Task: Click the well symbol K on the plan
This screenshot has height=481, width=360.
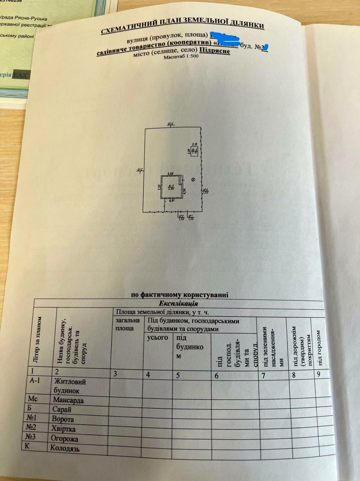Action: [193, 180]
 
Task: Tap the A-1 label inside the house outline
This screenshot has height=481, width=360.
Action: [171, 186]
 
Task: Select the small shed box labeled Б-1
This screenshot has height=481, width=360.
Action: [195, 151]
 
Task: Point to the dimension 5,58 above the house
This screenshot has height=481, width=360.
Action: [170, 173]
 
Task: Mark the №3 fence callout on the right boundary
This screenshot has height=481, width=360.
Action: [206, 191]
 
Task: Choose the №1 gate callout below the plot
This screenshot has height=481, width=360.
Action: [191, 218]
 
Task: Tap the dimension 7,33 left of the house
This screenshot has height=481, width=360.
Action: [159, 187]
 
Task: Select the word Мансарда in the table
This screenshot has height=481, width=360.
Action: [68, 400]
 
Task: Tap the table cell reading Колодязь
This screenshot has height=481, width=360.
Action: [66, 448]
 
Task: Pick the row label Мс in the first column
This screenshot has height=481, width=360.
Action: [33, 399]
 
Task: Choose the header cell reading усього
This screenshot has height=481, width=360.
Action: [158, 338]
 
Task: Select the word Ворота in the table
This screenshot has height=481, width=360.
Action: [63, 419]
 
